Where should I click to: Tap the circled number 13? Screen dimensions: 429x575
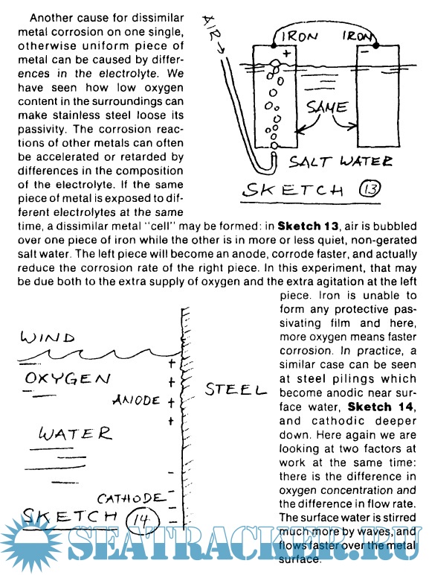pos(370,189)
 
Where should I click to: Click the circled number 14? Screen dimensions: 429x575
pos(142,519)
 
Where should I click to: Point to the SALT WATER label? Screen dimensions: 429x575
pos(340,162)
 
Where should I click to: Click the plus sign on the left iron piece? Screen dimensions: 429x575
pos(286,53)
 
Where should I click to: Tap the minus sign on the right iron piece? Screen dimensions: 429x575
pos(365,52)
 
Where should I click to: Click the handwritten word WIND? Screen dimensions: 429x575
pos(48,337)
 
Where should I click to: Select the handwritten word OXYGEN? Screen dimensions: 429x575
pos(68,378)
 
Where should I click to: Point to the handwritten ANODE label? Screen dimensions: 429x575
pos(136,400)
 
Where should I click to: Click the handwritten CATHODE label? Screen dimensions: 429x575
pos(130,498)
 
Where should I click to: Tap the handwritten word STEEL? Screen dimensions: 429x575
pos(236,389)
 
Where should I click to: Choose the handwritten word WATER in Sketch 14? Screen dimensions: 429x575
pos(75,433)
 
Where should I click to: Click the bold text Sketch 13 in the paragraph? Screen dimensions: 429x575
pos(306,226)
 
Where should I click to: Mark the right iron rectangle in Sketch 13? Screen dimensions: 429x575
pos(378,96)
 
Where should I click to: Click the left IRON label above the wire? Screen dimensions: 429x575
pos(299,36)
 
